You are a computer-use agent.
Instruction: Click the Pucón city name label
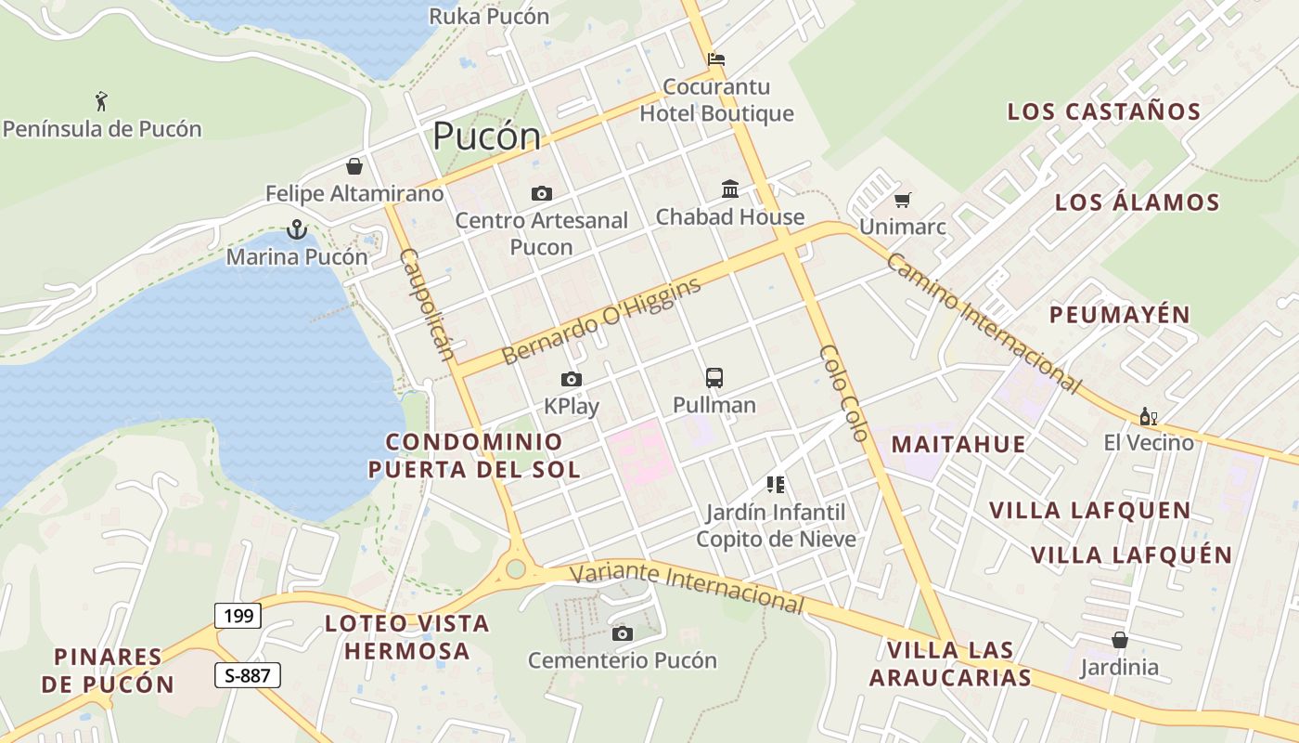[x=486, y=137]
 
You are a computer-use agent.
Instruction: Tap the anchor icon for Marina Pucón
[x=296, y=228]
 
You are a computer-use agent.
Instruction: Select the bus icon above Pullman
[x=714, y=378]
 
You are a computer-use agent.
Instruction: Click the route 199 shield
[x=238, y=615]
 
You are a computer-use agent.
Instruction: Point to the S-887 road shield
[x=248, y=675]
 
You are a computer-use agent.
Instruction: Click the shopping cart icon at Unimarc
[x=902, y=200]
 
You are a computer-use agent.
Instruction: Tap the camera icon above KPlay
[x=572, y=379]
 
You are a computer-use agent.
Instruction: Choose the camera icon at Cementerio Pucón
[x=623, y=633]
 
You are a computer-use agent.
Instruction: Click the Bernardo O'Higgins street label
[x=601, y=320]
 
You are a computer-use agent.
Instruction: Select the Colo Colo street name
[x=843, y=393]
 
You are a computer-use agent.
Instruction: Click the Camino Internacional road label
[x=984, y=322]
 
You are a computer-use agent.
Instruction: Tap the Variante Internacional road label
[x=687, y=586]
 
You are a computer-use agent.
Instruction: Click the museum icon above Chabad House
[x=730, y=189]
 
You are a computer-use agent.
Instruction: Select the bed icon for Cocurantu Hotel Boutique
[x=716, y=59]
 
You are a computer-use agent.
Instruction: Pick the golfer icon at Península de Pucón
[x=101, y=100]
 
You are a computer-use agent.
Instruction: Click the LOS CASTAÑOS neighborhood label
[x=1104, y=111]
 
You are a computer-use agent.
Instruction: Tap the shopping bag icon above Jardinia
[x=1120, y=640]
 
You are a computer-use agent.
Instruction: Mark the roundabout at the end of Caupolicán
[x=516, y=568]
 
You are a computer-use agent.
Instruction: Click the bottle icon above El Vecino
[x=1148, y=416]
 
